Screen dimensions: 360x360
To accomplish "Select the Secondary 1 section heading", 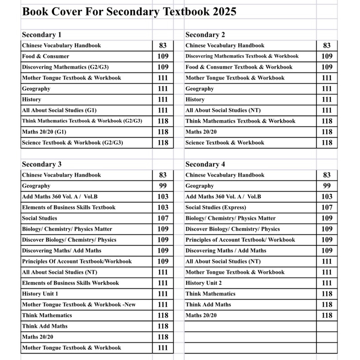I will click(42, 35).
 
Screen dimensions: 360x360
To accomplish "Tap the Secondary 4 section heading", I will click(205, 164).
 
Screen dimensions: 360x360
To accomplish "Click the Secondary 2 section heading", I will click(205, 35).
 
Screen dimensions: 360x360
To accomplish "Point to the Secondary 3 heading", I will click(42, 164).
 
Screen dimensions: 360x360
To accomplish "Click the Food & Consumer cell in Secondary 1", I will click(45, 56).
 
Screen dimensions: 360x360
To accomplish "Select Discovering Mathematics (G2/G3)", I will click(65, 67).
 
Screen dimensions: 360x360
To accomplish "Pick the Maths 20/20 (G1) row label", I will click(44, 132).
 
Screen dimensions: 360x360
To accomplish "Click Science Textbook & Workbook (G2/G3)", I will click(72, 143).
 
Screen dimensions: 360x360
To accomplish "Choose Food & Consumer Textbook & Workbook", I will click(239, 67).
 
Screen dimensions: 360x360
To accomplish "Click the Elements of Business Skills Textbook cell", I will click(68, 207).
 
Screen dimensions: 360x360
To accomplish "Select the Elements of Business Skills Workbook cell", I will click(70, 283).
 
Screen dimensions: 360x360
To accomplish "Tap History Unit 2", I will click(204, 283).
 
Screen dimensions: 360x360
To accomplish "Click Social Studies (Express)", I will click(216, 207).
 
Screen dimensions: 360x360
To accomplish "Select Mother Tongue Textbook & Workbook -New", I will click(79, 305).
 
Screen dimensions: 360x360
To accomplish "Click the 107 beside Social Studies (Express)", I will click(327, 207).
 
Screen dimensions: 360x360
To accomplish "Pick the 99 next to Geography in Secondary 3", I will click(163, 186).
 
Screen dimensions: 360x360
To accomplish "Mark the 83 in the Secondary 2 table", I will click(327, 45).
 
